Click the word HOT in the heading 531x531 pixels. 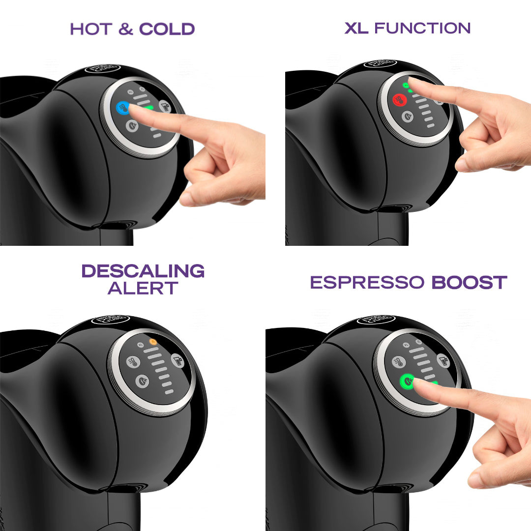(x=91, y=29)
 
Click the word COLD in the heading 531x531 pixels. (x=167, y=29)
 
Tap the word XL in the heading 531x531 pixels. (x=356, y=28)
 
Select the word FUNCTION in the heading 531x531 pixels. (x=422, y=28)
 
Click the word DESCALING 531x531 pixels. (x=143, y=271)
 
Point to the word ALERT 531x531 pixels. (x=143, y=288)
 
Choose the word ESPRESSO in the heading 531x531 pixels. (x=367, y=283)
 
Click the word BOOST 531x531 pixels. (x=469, y=283)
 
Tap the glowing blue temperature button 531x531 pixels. (x=122, y=107)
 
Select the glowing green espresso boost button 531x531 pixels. (x=407, y=380)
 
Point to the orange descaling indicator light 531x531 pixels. (x=152, y=341)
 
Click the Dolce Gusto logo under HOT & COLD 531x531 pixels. (x=102, y=68)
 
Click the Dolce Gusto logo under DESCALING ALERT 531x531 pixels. (x=110, y=320)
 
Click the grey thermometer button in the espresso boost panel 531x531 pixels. (x=399, y=362)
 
